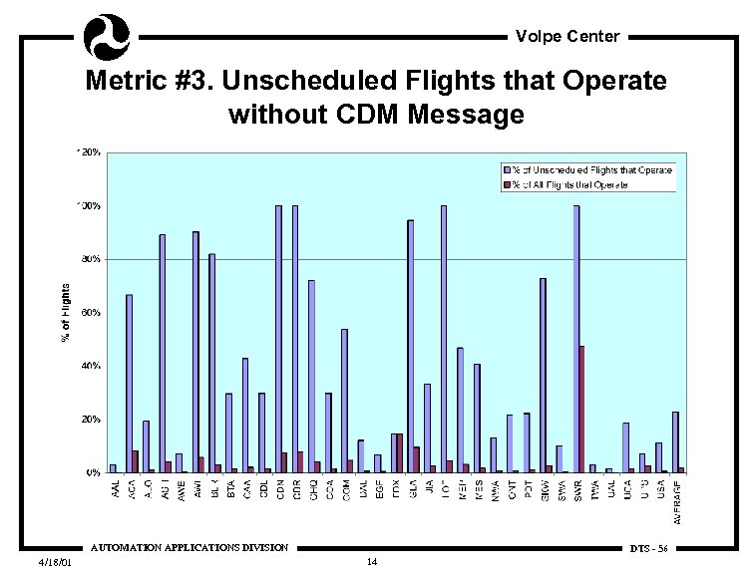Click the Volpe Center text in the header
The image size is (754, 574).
567,37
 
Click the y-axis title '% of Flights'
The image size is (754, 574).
66,313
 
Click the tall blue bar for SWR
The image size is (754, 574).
576,339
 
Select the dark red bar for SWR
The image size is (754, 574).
581,409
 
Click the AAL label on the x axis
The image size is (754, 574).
114,487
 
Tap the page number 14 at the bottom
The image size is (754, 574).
371,563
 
